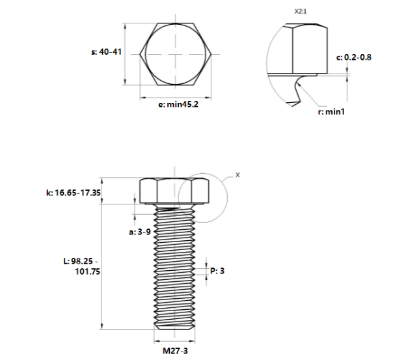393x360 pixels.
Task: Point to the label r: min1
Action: tap(330, 112)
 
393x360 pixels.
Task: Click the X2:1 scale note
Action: tap(301, 11)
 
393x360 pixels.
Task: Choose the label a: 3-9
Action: tap(140, 231)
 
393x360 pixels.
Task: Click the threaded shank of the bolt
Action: tap(174, 267)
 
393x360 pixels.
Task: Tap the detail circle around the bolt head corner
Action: tap(225, 195)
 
